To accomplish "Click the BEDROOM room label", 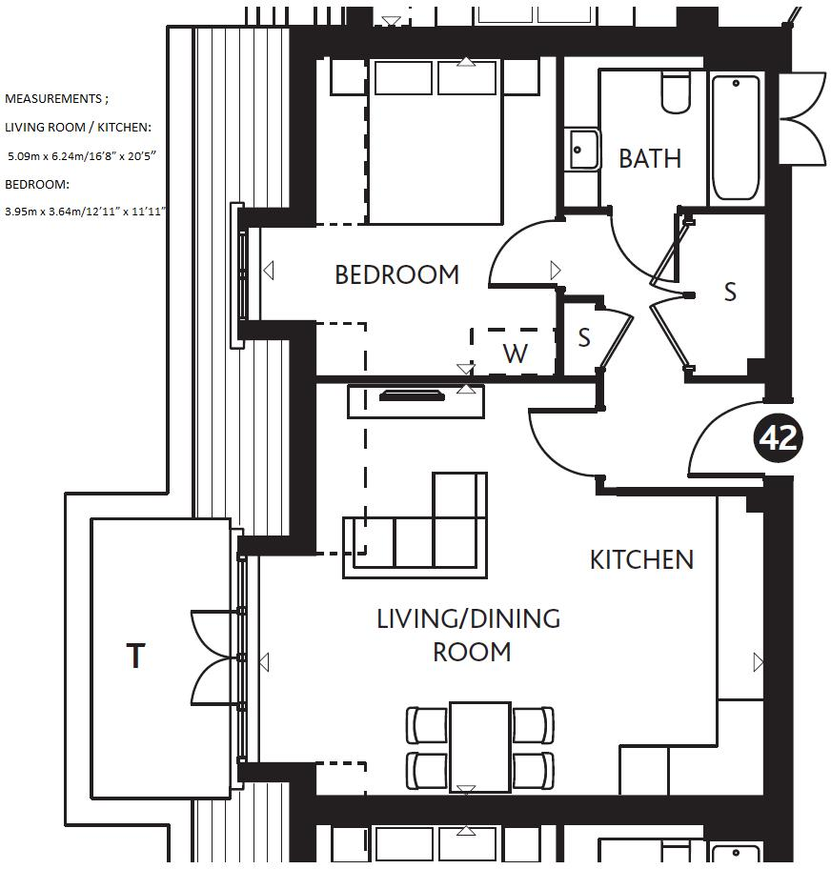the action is [396, 274].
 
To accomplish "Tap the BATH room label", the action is [650, 157].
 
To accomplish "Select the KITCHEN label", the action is [641, 559].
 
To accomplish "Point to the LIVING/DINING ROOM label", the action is [469, 635].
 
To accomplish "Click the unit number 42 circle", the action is [778, 437].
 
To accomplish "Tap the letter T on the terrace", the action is [136, 656].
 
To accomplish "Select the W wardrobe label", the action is [515, 354].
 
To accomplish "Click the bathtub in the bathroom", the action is [736, 138].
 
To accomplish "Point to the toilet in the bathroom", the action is [676, 91].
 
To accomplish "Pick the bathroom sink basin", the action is [581, 150].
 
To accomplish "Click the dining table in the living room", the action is [480, 746].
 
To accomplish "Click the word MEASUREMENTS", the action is [52, 98].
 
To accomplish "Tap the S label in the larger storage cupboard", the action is [730, 292].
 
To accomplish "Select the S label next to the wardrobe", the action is [584, 337].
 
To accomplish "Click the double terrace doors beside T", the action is [212, 657].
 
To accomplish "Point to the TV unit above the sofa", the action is [415, 399].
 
